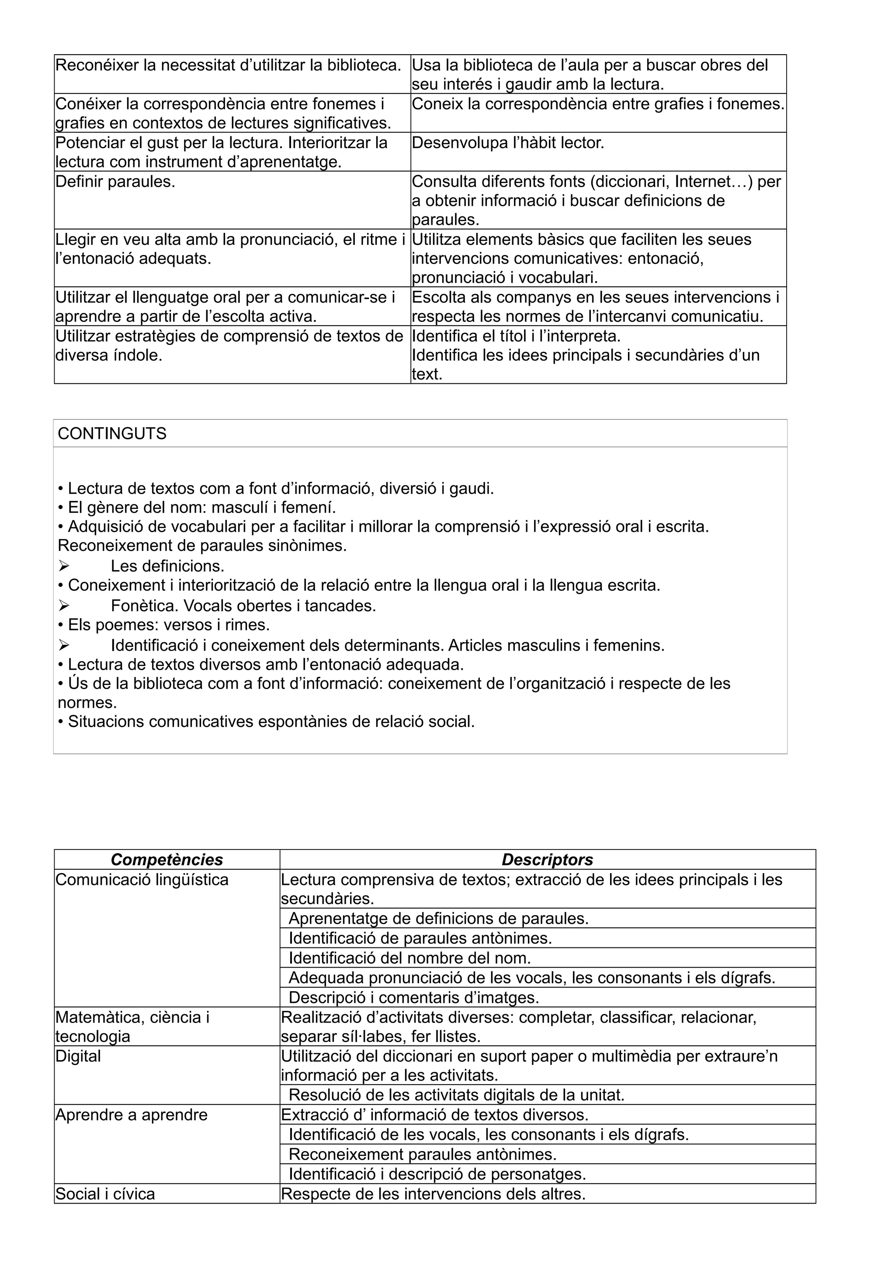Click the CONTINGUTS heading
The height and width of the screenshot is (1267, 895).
pos(112,434)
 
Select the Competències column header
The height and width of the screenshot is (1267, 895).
pos(167,859)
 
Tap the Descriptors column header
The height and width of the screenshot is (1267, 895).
pos(547,859)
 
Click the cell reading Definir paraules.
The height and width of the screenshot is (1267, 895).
pos(115,181)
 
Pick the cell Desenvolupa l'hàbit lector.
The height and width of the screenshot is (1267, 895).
pos(508,143)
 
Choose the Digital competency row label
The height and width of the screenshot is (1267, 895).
pos(78,1056)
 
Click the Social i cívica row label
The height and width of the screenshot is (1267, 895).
pos(105,1194)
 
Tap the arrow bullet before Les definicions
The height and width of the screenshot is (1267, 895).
pos(63,566)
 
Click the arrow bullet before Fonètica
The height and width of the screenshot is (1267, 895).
pos(63,606)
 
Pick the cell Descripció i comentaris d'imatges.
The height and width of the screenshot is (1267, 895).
pos(413,997)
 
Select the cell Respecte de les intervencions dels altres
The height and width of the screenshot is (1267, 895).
pos(433,1194)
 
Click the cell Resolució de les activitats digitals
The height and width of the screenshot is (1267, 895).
pos(456,1095)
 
